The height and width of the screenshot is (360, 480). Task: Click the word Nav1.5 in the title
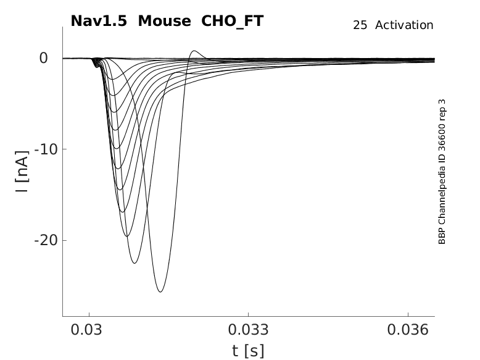(99, 21)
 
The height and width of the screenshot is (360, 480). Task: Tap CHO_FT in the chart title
(233, 21)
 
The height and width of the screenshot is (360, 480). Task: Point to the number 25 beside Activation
(360, 25)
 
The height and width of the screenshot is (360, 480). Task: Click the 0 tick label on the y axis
(43, 58)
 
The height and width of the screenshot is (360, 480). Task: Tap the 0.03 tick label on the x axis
(89, 330)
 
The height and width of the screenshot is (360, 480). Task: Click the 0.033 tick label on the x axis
(248, 330)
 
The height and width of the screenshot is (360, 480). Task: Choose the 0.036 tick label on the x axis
(408, 330)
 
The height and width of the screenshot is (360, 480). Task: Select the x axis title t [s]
(248, 351)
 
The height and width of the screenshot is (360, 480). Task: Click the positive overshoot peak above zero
(195, 51)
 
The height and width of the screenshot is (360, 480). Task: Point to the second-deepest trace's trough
(134, 264)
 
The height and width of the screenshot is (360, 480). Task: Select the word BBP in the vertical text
(442, 237)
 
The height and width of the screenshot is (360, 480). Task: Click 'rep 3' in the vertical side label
(442, 109)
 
